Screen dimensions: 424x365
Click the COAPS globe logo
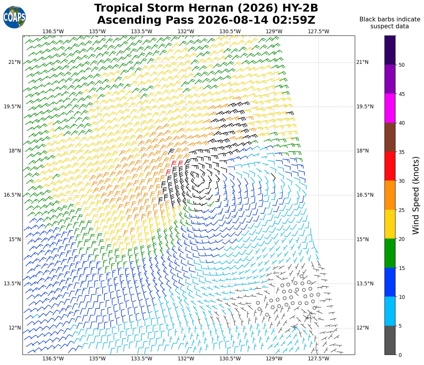(14, 17)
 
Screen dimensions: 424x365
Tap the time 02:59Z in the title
(294, 20)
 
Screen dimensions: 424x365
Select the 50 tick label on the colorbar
(402, 65)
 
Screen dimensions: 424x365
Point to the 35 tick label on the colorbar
(402, 152)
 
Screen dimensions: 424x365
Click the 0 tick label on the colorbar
(400, 355)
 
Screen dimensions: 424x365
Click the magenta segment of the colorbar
(390, 108)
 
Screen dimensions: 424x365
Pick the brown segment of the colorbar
(390, 137)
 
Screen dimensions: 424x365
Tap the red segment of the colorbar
(390, 166)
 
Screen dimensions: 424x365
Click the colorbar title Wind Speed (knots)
(416, 195)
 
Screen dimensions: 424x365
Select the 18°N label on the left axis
(15, 151)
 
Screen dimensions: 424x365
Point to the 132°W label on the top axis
(186, 31)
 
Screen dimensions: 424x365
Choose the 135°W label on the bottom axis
(97, 359)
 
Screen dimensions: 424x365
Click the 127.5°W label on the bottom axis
(318, 359)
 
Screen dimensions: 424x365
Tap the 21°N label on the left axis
(15, 62)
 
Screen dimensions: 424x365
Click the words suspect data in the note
(389, 26)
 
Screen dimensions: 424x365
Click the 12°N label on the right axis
(363, 328)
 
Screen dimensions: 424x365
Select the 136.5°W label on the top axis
(53, 31)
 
